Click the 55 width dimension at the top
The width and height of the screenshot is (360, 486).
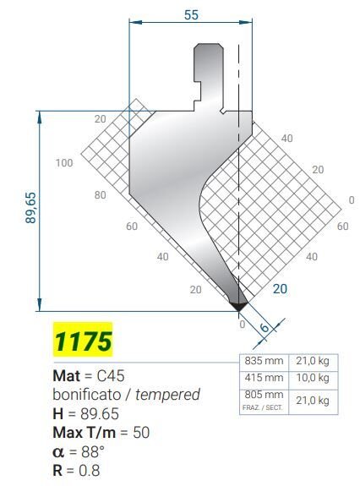tap(191, 15)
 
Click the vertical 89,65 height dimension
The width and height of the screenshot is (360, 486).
tap(31, 208)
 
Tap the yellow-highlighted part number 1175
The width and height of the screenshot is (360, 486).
tap(83, 341)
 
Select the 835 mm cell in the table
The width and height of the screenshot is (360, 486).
tap(264, 361)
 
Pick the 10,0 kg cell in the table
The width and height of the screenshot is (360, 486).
tap(313, 378)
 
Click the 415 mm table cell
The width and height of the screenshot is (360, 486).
tap(264, 378)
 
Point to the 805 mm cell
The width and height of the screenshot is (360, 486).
tap(264, 395)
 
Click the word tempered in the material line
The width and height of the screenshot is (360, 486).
tap(167, 396)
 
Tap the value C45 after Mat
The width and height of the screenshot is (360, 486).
tap(111, 376)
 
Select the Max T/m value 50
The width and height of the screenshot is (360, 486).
tap(141, 433)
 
